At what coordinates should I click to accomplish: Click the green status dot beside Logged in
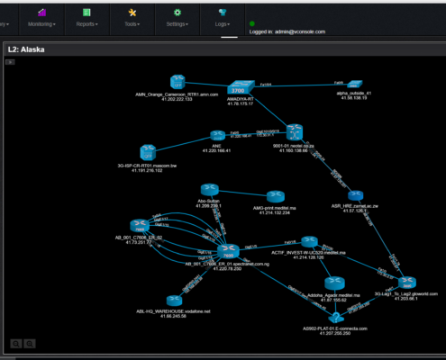click(x=251, y=24)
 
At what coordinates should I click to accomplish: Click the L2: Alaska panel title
click(x=27, y=50)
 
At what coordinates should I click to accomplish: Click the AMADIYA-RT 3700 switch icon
click(x=238, y=89)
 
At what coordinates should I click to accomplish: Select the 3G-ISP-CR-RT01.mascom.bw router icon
click(x=149, y=153)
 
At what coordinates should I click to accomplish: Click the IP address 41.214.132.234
click(x=273, y=213)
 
